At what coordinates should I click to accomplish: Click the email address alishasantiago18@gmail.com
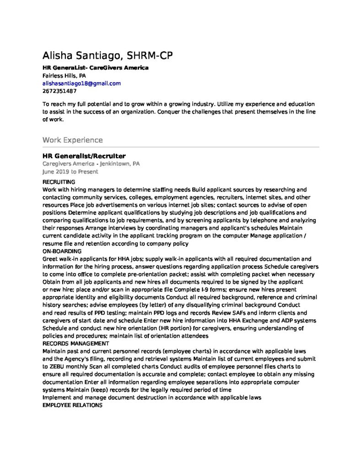(81, 83)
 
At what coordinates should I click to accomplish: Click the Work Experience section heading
(72, 140)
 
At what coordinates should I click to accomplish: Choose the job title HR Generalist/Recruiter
(84, 156)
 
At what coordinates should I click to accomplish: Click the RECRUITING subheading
(58, 182)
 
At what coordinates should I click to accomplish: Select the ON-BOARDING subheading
(62, 251)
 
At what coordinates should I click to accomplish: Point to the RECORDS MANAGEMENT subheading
(76, 343)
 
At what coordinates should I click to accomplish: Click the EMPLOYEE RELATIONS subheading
(72, 405)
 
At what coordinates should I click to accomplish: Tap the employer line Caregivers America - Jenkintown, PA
(91, 164)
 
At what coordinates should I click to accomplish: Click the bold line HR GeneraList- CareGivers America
(95, 68)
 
